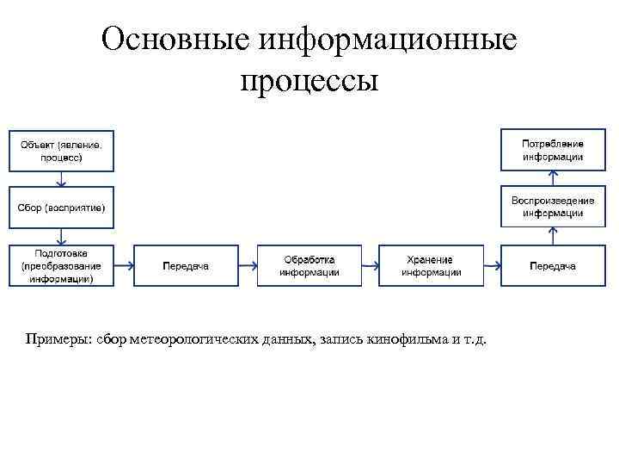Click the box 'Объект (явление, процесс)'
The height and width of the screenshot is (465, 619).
[x=61, y=149]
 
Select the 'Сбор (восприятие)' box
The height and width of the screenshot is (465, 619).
[x=61, y=208]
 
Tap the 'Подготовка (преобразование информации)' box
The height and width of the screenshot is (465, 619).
[x=61, y=266]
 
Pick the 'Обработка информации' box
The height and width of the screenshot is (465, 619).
[x=309, y=266]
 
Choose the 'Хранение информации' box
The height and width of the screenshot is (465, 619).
[x=431, y=266]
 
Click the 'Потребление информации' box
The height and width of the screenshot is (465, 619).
[x=553, y=149]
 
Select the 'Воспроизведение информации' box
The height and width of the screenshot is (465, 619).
[x=553, y=208]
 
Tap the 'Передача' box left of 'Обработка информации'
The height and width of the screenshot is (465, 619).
[x=186, y=266]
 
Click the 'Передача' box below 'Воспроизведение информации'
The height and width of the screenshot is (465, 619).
[x=553, y=266]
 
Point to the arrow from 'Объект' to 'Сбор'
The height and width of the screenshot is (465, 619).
[x=61, y=178]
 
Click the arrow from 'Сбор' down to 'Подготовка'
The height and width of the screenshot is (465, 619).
[x=61, y=236]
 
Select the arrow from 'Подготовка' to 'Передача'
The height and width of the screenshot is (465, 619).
[x=123, y=266]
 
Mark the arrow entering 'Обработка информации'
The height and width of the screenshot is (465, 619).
[x=248, y=266]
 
